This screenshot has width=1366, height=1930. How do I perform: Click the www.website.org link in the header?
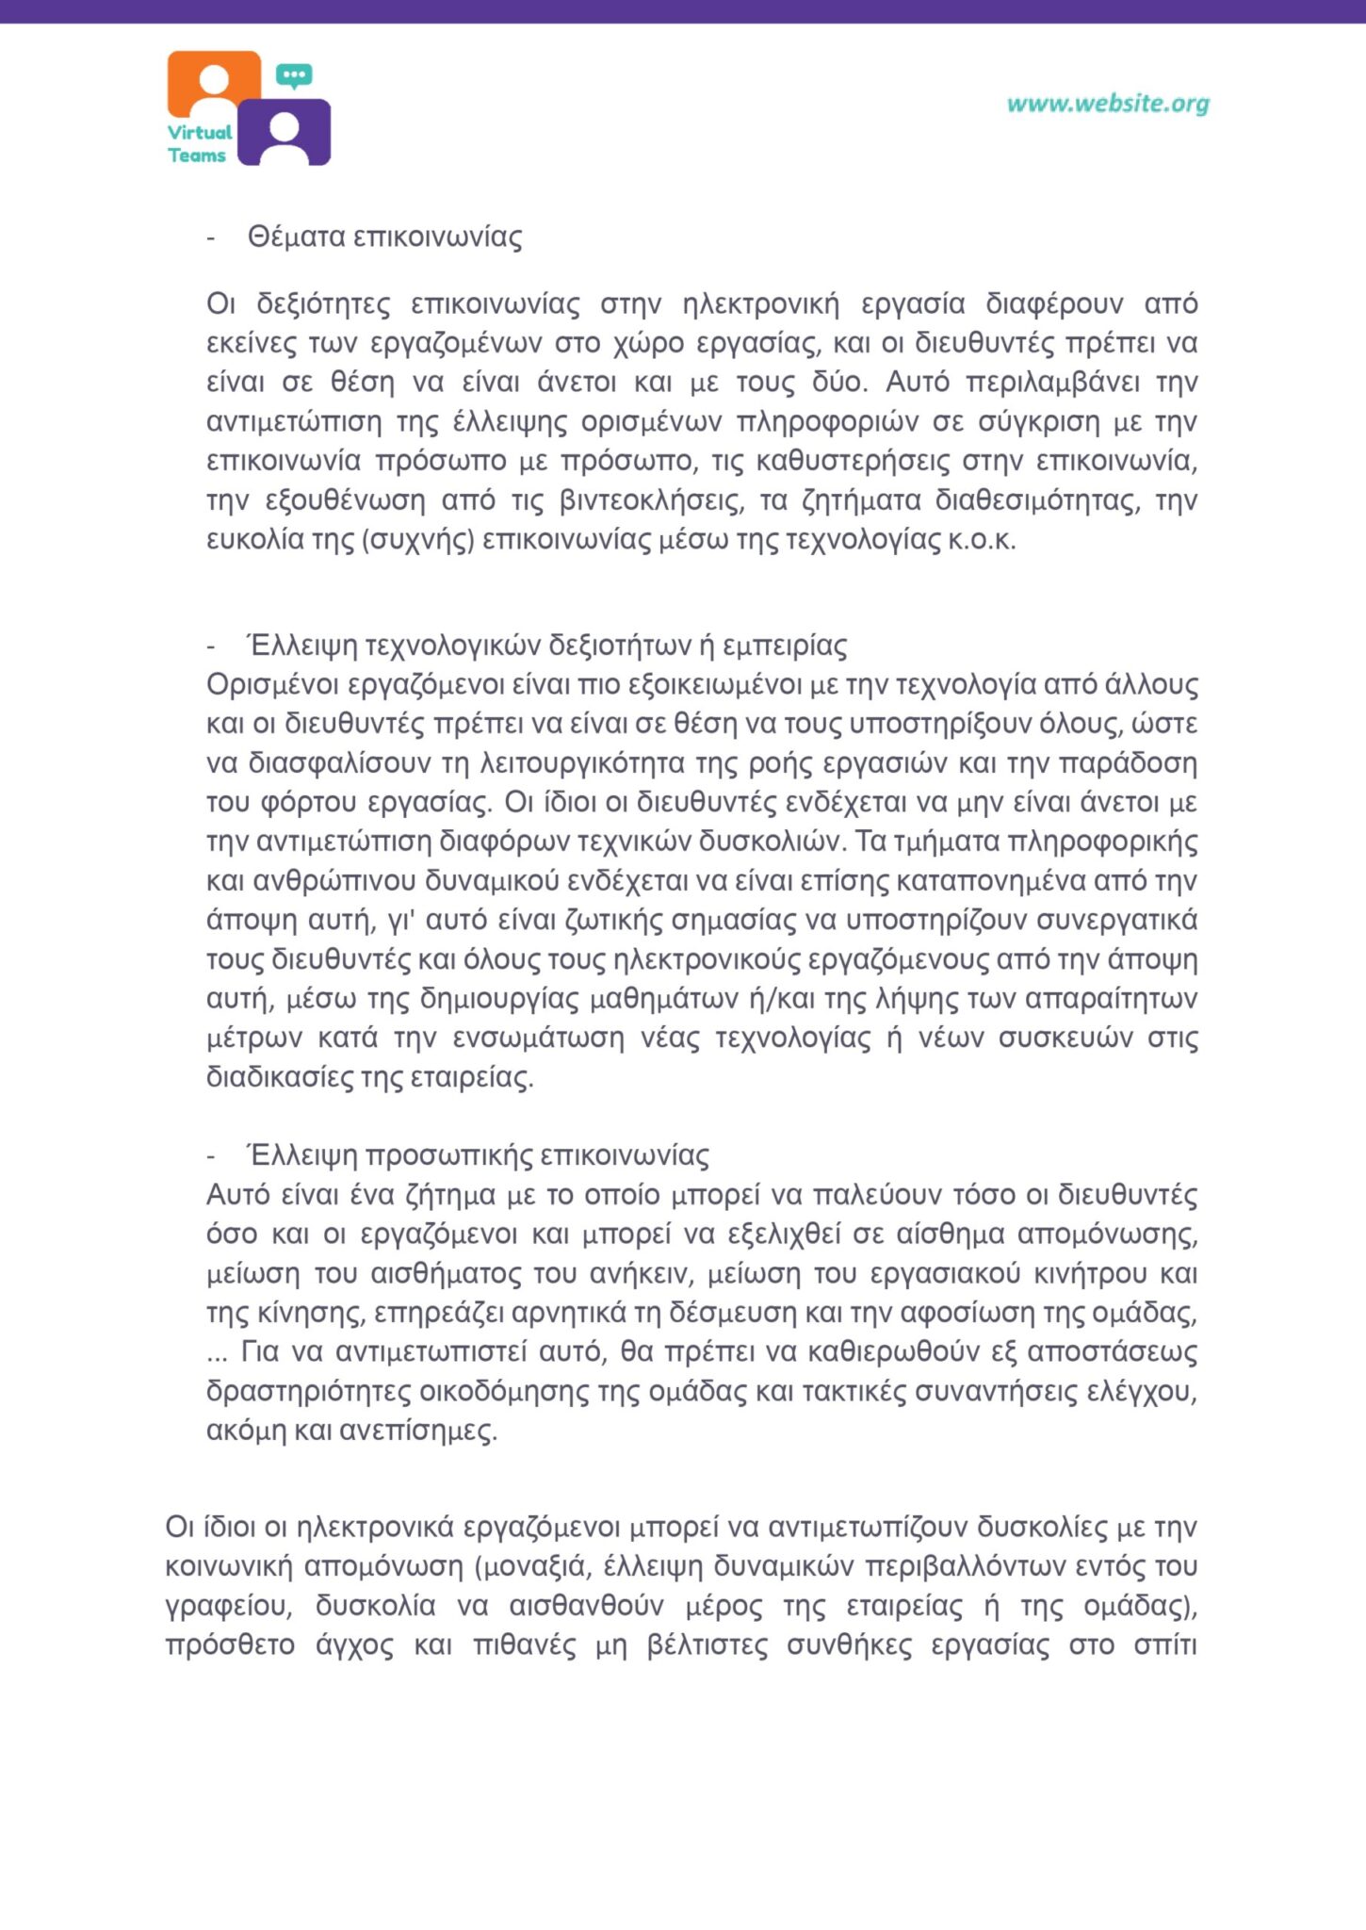tap(1108, 104)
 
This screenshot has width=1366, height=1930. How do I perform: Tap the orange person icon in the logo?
tap(215, 83)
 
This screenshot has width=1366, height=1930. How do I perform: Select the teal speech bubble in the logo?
tap(294, 75)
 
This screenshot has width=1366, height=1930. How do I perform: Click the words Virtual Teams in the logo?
tap(199, 144)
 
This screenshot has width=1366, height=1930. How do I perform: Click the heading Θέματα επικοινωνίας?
tap(384, 237)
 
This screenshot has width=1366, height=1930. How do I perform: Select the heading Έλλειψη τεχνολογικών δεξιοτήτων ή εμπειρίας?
tap(546, 646)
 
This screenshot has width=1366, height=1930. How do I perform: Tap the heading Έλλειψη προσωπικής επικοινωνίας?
tap(478, 1155)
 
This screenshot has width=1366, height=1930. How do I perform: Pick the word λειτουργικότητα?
tap(582, 763)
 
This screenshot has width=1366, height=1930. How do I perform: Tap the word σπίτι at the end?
tap(1165, 1645)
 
